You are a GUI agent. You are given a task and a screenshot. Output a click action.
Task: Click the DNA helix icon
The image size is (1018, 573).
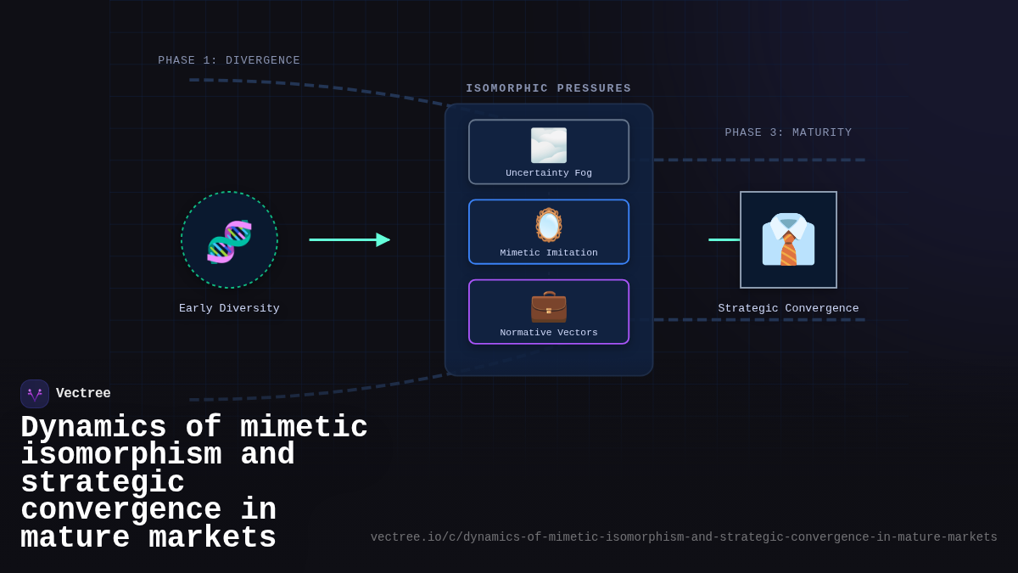pos(229,241)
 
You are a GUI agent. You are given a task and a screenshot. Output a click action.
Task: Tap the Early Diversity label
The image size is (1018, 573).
pos(229,308)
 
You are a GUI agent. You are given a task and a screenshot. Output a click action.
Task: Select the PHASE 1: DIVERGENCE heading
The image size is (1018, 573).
pos(229,60)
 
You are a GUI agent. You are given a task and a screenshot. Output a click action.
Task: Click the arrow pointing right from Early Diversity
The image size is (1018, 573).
pos(349,239)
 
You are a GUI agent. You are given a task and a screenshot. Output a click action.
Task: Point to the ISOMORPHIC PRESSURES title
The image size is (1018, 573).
pos(548,88)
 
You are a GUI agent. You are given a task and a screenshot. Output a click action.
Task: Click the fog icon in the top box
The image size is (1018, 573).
pos(548,145)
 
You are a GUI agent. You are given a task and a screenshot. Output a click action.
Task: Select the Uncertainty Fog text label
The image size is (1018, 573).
pos(548,173)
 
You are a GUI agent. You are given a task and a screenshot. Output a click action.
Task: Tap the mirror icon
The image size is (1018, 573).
pos(548,225)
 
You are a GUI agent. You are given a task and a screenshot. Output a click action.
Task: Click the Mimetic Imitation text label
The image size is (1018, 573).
pos(548,253)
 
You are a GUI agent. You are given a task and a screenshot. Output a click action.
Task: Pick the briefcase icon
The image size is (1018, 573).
pos(548,306)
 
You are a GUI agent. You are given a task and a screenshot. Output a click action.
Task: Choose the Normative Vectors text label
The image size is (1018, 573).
pos(548,333)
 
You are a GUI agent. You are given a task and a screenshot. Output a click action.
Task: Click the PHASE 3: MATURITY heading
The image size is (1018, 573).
pos(788,132)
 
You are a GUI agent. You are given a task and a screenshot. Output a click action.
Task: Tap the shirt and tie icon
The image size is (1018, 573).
pos(788,239)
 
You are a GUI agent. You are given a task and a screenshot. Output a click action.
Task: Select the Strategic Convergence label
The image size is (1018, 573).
pos(788,308)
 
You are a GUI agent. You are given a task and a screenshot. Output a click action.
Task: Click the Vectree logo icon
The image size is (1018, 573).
pos(35,394)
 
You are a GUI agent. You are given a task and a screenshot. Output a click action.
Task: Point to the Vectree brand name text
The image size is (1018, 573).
pos(83,394)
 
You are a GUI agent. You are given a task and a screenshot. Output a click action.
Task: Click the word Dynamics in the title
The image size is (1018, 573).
pos(93,428)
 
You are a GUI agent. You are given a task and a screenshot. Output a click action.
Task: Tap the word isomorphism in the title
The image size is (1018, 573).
pos(121,455)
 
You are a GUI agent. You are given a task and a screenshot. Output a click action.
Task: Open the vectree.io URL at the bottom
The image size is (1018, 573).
pos(684,537)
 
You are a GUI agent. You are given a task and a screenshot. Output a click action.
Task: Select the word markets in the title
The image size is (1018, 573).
pos(212,538)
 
